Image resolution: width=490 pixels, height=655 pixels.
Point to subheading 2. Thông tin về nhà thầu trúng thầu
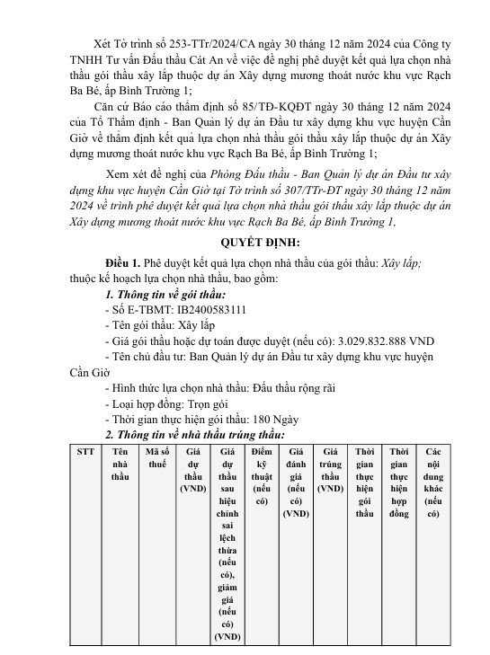pos(188,435)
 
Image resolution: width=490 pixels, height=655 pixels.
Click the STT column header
pos(85,451)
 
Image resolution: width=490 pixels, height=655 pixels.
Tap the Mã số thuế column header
pos(157,457)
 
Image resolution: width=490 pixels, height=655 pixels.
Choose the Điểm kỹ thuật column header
pos(262,475)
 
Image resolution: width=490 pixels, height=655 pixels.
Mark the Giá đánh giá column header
pos(296,482)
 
